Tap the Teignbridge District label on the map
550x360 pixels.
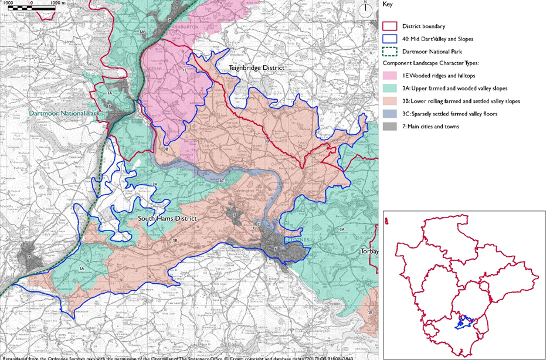(256, 68)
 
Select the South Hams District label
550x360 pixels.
(167, 219)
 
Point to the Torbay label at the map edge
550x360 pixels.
(369, 251)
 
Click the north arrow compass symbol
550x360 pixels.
(365, 10)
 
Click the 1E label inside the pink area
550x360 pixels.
(185, 70)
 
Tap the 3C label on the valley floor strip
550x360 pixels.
(222, 181)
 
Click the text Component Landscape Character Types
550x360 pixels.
(431, 63)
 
